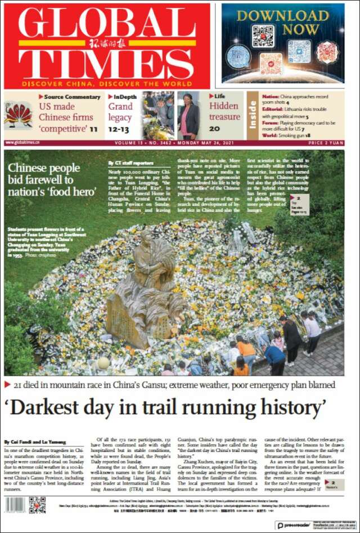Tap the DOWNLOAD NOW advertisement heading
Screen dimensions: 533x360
tap(282, 22)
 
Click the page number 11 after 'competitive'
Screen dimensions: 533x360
tap(93, 129)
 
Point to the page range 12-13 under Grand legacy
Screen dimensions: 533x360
tap(119, 129)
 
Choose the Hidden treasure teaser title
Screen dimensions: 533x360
tap(224, 111)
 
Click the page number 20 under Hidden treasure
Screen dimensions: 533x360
tap(214, 129)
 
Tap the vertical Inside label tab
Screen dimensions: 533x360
tap(253, 114)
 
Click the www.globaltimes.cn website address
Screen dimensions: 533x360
tap(22, 143)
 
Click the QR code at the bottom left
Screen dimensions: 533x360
tap(37, 504)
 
